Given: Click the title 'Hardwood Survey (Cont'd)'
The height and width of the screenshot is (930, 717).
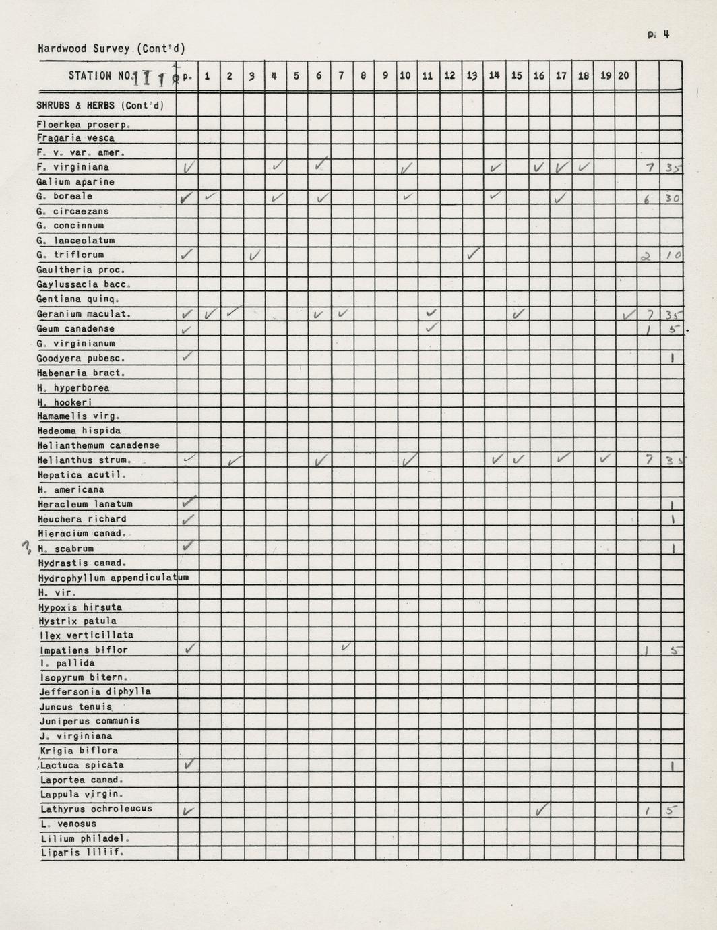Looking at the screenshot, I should [x=112, y=49].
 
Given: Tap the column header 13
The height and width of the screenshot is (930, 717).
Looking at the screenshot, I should [x=472, y=75].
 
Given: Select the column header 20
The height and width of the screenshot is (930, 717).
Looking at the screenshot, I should [x=623, y=75].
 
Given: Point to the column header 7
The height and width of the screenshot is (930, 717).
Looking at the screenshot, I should [x=341, y=75].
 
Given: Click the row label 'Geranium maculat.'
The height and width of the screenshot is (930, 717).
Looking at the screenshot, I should [x=84, y=314].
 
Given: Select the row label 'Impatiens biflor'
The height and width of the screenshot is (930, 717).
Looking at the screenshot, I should [x=84, y=650].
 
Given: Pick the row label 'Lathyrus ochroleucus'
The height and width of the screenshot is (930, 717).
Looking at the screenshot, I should [x=96, y=809].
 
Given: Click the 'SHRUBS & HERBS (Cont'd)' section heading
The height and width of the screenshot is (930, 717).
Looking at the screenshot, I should [x=100, y=105].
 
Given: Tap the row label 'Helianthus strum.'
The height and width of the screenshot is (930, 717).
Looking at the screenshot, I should [x=84, y=460].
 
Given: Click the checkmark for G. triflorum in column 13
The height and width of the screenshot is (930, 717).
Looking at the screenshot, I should [x=474, y=254].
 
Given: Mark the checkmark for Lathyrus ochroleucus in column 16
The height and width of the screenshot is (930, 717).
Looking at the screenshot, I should [x=540, y=809].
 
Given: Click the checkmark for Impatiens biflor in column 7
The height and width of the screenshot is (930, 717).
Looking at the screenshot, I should [x=346, y=648].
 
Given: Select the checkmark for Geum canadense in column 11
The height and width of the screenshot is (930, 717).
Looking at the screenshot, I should [x=431, y=328].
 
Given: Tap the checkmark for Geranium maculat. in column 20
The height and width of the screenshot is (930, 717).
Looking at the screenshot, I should [x=629, y=314].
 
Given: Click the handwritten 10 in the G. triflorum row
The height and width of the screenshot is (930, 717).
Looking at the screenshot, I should [x=673, y=255].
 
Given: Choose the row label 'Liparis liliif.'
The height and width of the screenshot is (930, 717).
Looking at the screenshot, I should [x=81, y=852].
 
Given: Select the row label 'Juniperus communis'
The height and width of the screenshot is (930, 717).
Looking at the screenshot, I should [x=90, y=721].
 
